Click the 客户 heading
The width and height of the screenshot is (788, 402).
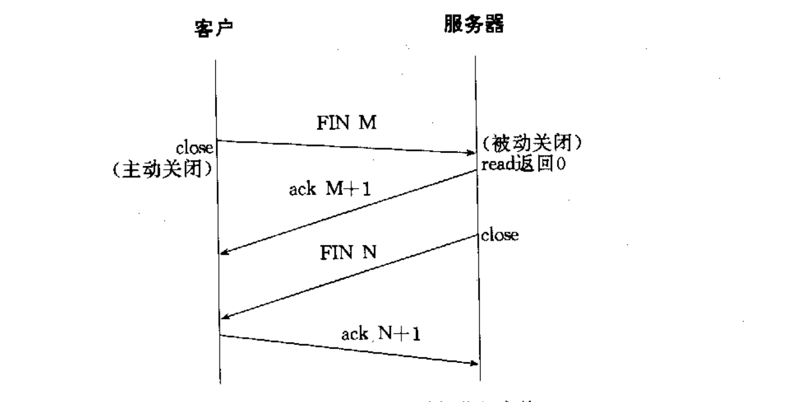point(214,28)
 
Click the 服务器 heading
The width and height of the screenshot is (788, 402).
point(474,24)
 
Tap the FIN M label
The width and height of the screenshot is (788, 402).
point(346,123)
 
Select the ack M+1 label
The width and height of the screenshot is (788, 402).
point(330,189)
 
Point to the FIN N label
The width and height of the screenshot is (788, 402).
point(348,253)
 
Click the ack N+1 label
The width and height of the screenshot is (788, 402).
point(381,334)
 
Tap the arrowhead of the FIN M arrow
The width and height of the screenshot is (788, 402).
point(472,153)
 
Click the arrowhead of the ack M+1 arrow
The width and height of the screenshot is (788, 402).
point(224,252)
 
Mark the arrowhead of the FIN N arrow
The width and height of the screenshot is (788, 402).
point(225,317)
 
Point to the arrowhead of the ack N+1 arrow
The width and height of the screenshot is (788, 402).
point(475,363)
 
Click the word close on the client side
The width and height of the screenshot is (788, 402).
point(194,148)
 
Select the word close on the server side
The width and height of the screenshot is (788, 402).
point(500,235)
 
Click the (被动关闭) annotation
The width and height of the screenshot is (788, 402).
point(532,143)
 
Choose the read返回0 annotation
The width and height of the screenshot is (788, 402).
point(523,164)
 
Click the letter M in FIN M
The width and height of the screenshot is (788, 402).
point(367,123)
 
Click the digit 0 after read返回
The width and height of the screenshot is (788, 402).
point(561,164)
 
